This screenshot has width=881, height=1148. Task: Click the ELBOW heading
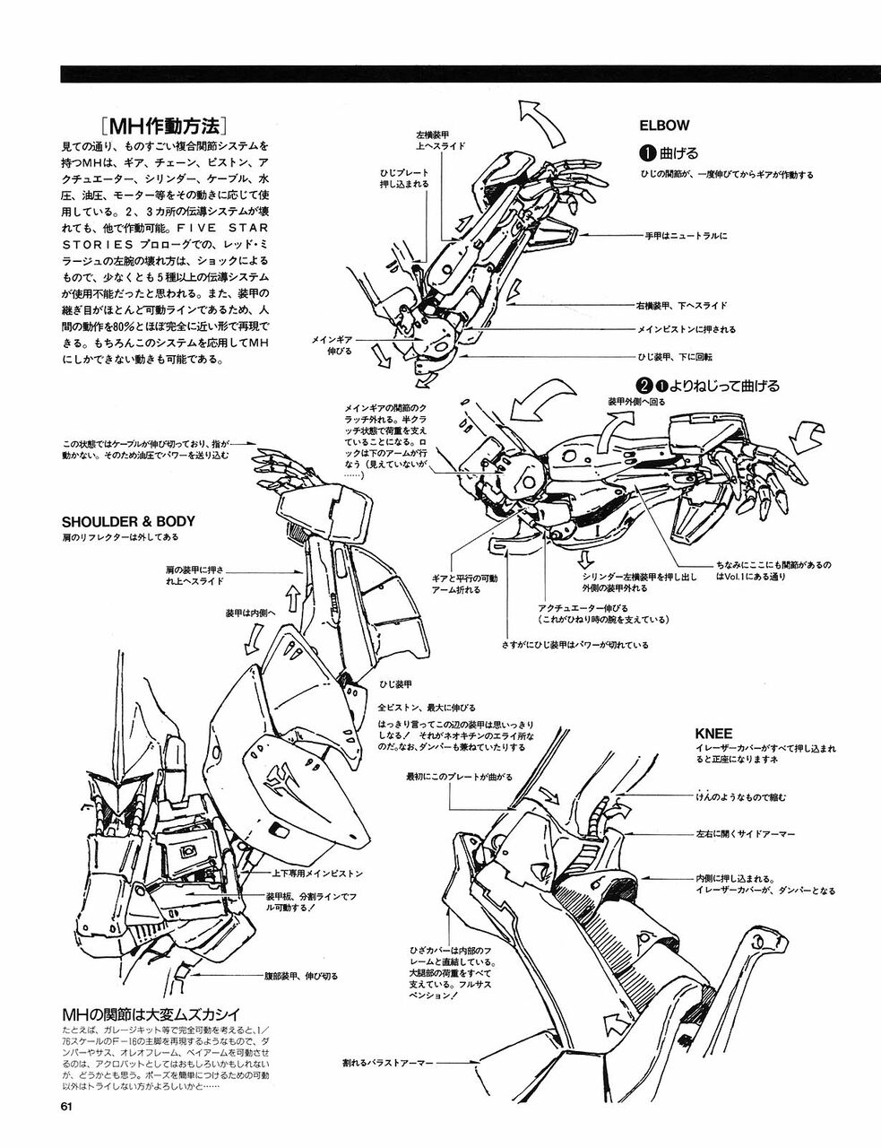pos(664,126)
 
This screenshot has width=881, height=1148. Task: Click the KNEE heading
pos(714,733)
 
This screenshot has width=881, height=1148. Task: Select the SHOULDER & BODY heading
pos(128,521)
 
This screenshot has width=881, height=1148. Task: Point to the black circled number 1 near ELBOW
pos(647,152)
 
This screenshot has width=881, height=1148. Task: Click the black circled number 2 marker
pos(643,386)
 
